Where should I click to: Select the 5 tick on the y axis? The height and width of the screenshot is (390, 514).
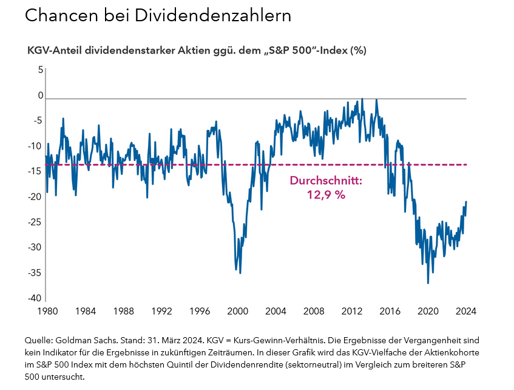coord(40,70)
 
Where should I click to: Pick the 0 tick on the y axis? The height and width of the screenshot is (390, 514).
coord(40,95)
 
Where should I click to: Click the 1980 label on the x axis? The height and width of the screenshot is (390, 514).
coord(47,311)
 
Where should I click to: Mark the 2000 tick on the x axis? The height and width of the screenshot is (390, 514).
coord(237,311)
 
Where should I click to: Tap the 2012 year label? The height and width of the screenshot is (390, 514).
coord(352,311)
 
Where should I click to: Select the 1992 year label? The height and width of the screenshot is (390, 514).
coord(161,311)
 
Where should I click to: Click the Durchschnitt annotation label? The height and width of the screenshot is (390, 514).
coord(326,181)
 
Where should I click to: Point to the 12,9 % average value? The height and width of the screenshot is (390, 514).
coord(326,195)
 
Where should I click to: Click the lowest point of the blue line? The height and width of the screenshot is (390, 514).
coord(428,283)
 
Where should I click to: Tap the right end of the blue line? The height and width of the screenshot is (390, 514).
coord(466,202)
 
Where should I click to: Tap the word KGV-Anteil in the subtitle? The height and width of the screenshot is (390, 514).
coord(52,50)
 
